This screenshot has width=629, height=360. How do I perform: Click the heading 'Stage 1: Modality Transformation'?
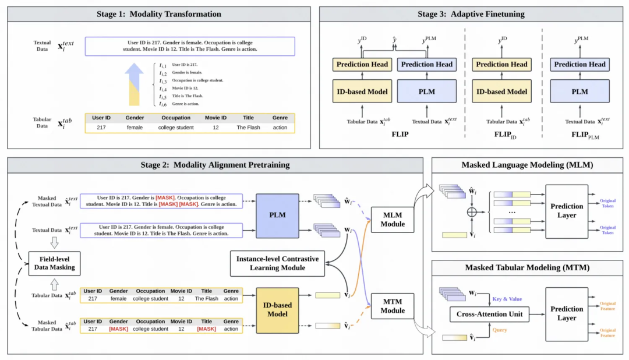tap(158, 14)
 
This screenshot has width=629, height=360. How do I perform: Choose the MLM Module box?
tap(393, 220)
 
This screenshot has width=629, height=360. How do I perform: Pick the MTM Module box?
tap(393, 306)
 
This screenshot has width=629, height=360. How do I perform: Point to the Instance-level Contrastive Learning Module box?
tap(278, 263)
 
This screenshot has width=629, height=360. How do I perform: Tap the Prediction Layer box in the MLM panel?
tap(567, 210)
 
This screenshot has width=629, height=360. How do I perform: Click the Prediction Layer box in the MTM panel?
tap(567, 313)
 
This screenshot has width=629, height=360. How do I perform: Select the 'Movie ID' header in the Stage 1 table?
tap(215, 118)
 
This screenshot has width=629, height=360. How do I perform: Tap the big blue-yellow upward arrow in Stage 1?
tap(135, 85)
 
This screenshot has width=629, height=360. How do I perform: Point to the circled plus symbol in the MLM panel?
tap(472, 212)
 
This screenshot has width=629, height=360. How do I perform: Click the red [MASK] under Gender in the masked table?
tap(118, 329)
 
